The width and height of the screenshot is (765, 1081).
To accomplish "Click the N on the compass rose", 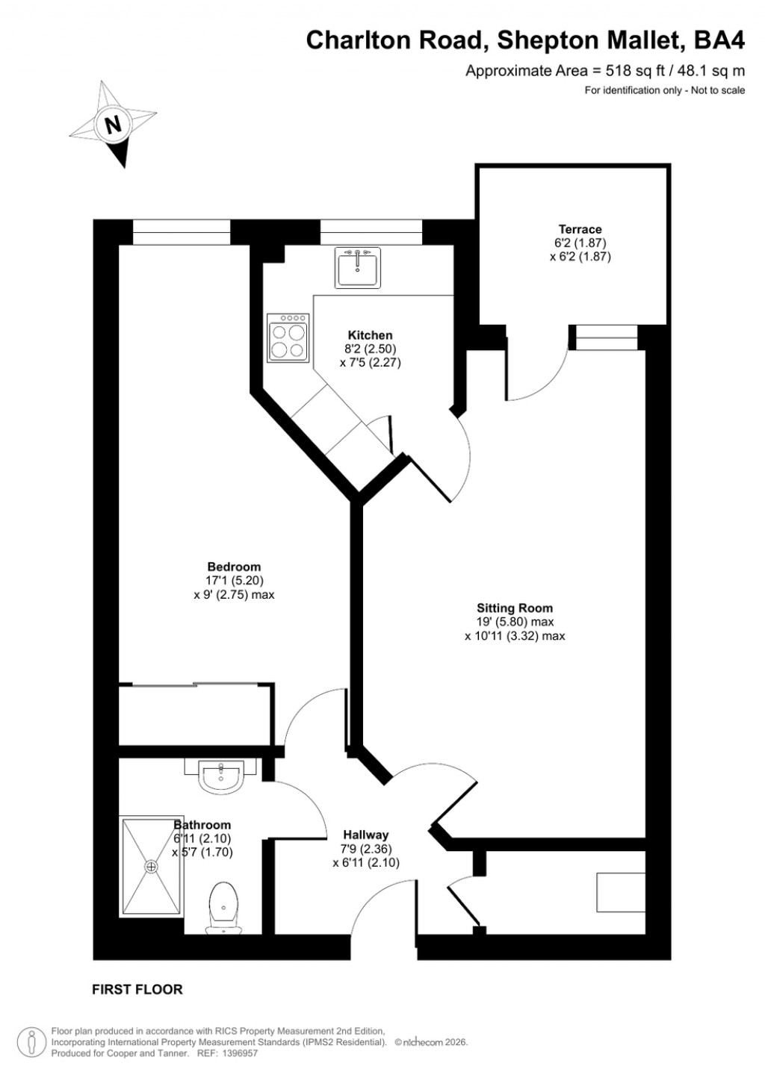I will click(114, 124).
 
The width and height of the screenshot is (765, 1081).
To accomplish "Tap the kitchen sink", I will click(359, 267).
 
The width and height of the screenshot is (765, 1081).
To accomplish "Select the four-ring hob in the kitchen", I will click(288, 338).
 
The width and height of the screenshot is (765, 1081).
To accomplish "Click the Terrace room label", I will click(580, 229).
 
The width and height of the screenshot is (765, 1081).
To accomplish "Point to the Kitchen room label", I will click(370, 335).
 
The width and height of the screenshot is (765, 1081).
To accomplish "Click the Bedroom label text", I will click(234, 567).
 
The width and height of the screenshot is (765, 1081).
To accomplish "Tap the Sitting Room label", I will click(515, 608).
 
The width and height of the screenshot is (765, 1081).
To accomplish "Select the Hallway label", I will click(365, 835).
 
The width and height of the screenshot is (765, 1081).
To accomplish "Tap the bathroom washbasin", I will click(220, 776).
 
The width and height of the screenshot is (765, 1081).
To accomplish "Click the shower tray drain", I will click(152, 867).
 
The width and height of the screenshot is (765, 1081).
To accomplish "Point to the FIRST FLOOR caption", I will click(137, 989).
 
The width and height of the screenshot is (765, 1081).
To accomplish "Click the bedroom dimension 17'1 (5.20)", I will click(234, 581).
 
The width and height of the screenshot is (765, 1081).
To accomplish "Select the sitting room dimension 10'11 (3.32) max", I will click(515, 636).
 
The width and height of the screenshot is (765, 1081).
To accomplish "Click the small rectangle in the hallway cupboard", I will click(620, 892).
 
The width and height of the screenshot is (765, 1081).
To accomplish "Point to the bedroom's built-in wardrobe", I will click(196, 714).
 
